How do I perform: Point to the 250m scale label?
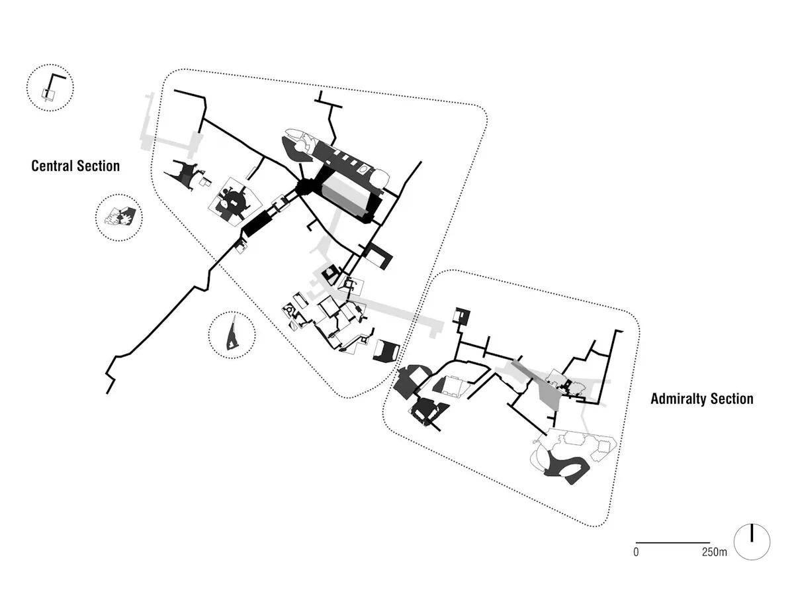point(715,552)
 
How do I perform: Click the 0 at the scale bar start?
point(637,552)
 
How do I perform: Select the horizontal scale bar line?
point(673,542)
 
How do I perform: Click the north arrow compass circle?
point(752,542)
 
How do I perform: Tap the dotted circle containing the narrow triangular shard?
point(232,334)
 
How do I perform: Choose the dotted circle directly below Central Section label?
point(119,217)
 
